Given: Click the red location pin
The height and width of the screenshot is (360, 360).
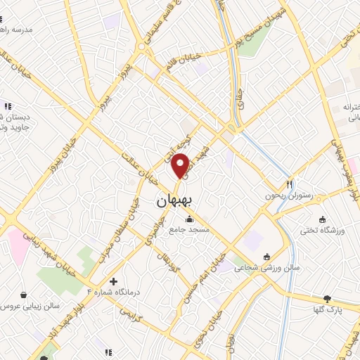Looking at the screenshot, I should click(x=181, y=165).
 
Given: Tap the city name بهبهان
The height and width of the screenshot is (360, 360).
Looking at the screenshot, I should click(x=174, y=201).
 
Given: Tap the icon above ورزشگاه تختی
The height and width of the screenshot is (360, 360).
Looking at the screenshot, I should click(x=322, y=219).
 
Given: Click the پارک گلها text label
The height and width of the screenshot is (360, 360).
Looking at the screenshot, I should click(x=326, y=309).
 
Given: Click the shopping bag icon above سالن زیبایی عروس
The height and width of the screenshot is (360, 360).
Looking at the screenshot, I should click(x=25, y=295).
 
